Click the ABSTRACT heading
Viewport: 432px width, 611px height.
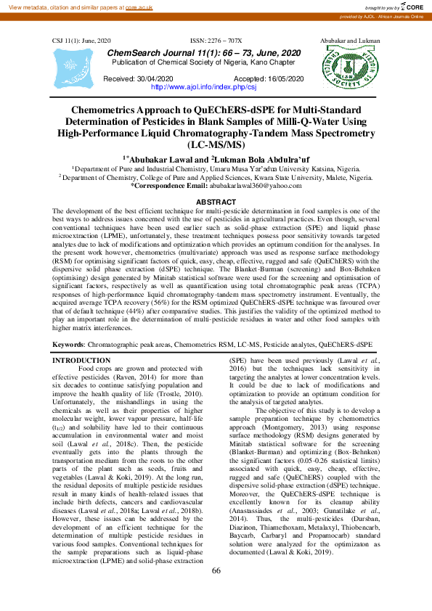click(216, 201)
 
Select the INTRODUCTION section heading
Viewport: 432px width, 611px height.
click(82, 361)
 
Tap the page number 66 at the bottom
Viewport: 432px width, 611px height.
click(216, 591)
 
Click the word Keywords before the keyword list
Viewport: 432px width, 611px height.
click(68, 343)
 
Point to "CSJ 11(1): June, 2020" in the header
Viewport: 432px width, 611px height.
click(81, 41)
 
